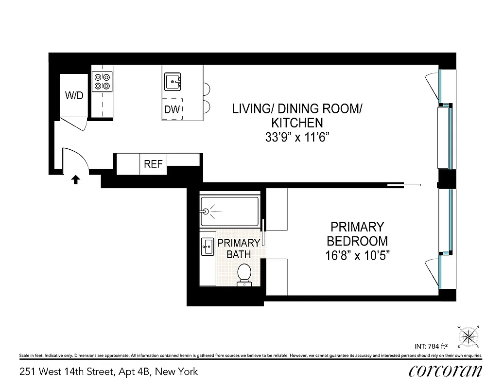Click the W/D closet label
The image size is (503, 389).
[x=74, y=95]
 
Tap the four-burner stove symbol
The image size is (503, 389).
[x=102, y=81]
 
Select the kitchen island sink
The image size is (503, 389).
[x=173, y=82]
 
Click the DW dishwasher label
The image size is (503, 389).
[x=172, y=110]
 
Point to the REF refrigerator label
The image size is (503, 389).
[x=153, y=164]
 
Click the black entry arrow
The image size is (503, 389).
[x=75, y=180]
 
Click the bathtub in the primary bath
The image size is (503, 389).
[x=229, y=211]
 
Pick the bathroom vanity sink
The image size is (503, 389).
[x=207, y=247]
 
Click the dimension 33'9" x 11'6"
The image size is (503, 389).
[x=295, y=137]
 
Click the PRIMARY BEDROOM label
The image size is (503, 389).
[x=357, y=234]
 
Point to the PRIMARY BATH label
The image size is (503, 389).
[x=238, y=248]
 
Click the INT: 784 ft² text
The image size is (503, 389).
[x=431, y=347]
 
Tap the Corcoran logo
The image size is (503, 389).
[x=445, y=371]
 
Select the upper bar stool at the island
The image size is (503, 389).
[x=207, y=89]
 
